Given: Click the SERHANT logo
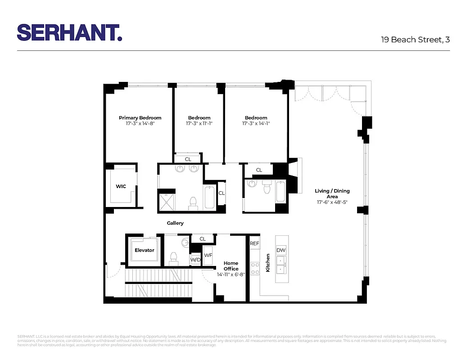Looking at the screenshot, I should (x=69, y=32).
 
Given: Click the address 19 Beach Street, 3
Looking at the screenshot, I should (x=416, y=40).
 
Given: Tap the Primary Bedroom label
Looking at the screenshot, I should (x=140, y=118).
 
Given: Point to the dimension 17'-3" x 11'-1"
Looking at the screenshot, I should (x=199, y=123).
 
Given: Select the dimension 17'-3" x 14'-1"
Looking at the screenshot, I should (x=256, y=123).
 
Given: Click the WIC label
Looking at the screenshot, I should (x=121, y=186).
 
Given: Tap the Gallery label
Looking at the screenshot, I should (x=175, y=223).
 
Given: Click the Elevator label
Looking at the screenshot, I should (x=144, y=250).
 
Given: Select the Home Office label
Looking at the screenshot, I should (x=231, y=266).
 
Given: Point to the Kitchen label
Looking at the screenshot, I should (x=268, y=262).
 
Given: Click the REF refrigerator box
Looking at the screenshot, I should (x=255, y=243).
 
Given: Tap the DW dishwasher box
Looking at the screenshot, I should (x=281, y=250).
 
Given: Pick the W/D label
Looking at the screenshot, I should (x=195, y=260).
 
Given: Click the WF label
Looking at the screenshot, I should (x=208, y=255).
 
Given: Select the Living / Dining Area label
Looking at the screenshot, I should (x=332, y=193).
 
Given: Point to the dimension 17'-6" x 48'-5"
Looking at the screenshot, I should (x=332, y=202).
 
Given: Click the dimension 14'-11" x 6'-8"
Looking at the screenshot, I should (x=231, y=274).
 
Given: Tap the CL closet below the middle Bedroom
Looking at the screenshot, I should (x=188, y=159).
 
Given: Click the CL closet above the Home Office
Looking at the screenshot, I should (x=203, y=239).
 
